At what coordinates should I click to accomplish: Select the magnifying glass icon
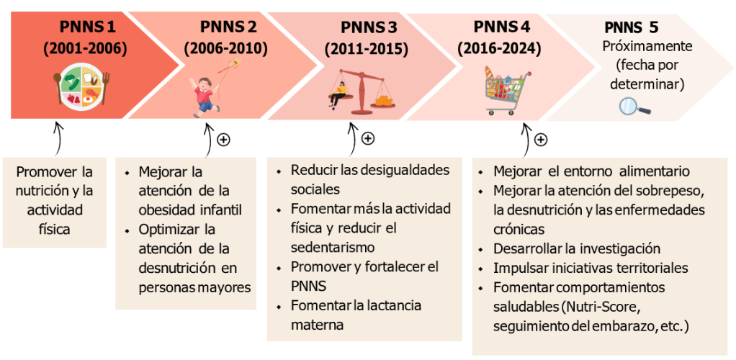634,107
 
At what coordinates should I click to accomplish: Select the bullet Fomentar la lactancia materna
356,315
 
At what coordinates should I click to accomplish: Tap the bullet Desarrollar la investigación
576,249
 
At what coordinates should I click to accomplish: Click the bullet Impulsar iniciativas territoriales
591,268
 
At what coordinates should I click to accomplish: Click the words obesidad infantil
190,210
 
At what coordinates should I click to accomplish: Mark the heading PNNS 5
631,28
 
